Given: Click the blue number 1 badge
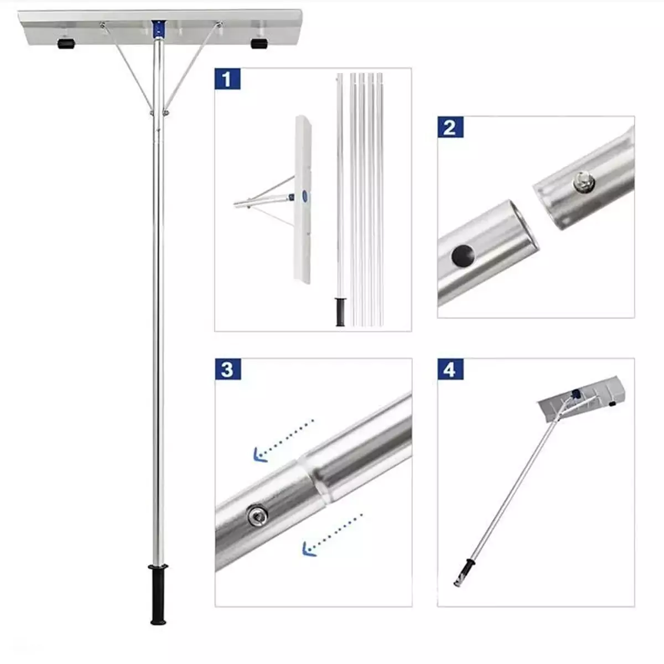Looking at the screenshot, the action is (227, 79).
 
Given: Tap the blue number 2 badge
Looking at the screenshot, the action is (450, 127).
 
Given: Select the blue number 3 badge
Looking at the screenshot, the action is (228, 369).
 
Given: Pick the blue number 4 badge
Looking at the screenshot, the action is (450, 369).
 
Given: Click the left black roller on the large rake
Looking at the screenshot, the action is (66, 44).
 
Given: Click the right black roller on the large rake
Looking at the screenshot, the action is (259, 44).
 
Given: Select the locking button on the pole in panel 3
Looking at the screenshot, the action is (257, 525).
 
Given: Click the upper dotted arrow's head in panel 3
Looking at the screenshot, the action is (260, 455).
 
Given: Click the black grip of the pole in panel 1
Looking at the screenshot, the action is (340, 312).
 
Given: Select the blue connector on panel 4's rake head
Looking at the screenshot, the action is (574, 394).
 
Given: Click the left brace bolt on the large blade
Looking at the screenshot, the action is (102, 24).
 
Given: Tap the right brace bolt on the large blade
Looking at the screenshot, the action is (219, 24).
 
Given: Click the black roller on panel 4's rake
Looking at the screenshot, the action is (611, 403).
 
